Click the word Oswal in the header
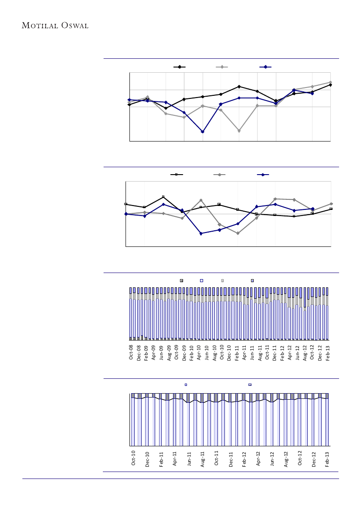pos(75,26)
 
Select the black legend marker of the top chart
pos(180,67)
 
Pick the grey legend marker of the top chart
pos(222,67)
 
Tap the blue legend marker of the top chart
pos(265,67)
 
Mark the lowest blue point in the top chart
pos(203,131)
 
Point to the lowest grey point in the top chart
pos(239,131)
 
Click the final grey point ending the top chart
pos(331,82)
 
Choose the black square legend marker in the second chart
pos(177,175)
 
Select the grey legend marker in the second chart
pos(219,175)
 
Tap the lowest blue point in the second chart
pos(200,234)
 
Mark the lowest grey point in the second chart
pos(238,233)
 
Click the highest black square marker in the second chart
pos(163,197)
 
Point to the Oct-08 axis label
pos(131,352)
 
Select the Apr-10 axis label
pos(199,352)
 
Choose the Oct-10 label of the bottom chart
pos(134,460)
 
